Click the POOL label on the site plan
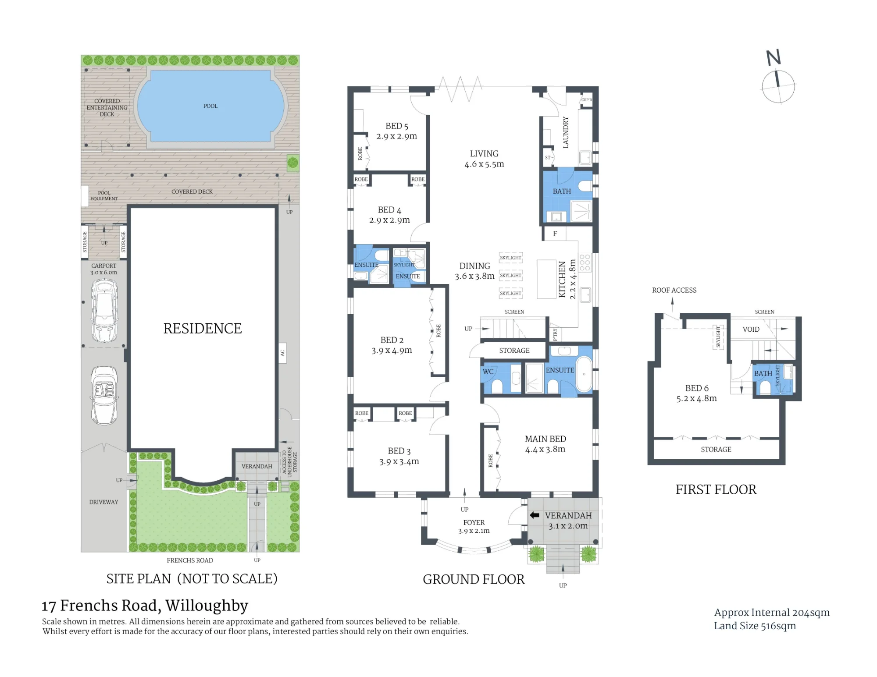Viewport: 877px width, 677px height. [210, 106]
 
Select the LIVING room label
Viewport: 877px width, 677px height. [484, 154]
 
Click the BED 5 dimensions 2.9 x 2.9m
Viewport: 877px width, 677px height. [397, 136]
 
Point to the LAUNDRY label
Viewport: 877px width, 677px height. [566, 132]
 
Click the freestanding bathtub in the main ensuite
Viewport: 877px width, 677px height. [584, 374]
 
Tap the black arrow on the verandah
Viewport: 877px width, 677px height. [535, 515]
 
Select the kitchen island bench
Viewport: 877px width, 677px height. [546, 279]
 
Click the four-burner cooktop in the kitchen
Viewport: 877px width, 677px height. [585, 262]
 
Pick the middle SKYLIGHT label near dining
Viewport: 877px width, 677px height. [511, 276]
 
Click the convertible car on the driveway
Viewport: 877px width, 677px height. [104, 396]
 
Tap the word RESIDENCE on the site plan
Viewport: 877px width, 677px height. [203, 329]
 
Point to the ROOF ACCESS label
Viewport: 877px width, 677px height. [674, 290]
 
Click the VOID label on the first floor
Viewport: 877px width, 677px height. [751, 330]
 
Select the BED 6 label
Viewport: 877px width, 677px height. [697, 388]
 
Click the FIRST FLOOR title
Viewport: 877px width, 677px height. [716, 489]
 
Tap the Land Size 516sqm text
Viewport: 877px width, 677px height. [755, 626]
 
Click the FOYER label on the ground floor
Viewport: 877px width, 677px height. [474, 522]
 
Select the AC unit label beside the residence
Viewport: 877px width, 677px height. [282, 353]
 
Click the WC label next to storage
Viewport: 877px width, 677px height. [488, 372]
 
